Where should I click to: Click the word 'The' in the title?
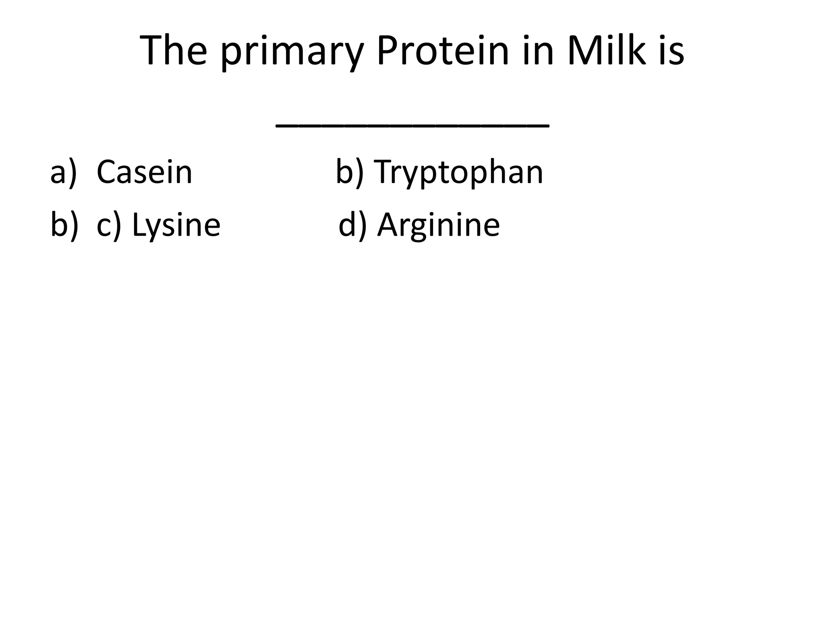(x=174, y=51)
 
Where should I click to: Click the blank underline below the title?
(x=412, y=126)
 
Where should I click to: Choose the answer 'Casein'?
(x=145, y=172)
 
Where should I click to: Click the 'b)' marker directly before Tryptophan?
(x=349, y=172)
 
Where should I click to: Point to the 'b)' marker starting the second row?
(x=64, y=225)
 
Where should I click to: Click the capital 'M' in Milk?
(x=584, y=51)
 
